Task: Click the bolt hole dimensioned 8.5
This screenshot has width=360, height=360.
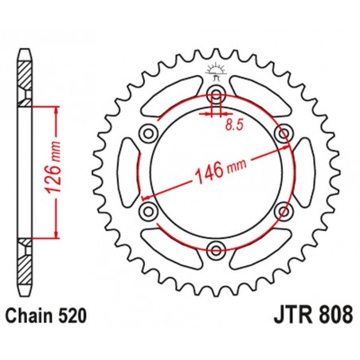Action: click(x=216, y=97)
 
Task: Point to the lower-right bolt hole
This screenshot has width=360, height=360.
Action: click(x=281, y=211)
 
